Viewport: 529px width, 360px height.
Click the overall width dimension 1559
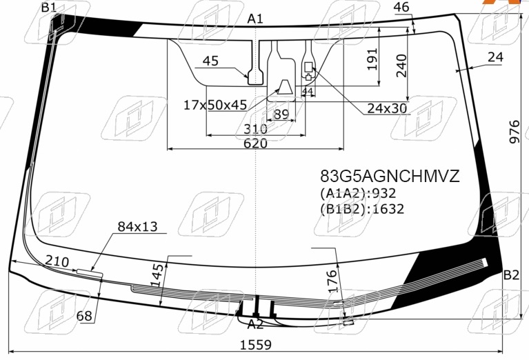[255, 345]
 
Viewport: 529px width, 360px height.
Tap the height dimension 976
[515, 132]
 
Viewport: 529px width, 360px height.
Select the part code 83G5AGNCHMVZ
[390, 176]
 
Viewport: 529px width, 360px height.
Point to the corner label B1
[48, 8]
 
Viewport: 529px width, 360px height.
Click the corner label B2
[511, 275]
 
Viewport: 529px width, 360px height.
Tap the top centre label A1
[255, 19]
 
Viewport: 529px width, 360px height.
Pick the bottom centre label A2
[255, 324]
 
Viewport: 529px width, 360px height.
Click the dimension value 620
[255, 143]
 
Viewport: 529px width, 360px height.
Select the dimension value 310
[255, 129]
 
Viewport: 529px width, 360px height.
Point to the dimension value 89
[281, 114]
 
